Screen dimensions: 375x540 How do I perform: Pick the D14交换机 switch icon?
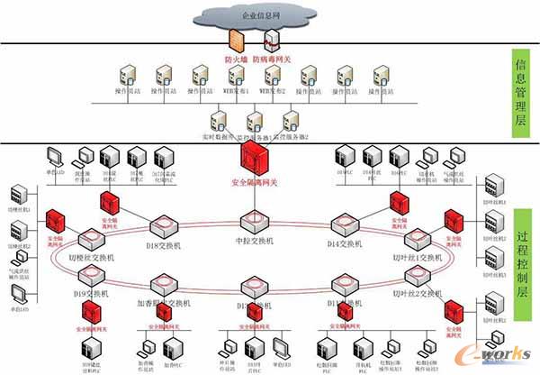pyautogui.click(x=345, y=223)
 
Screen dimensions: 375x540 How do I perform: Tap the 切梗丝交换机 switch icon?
pyautogui.click(x=91, y=239)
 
